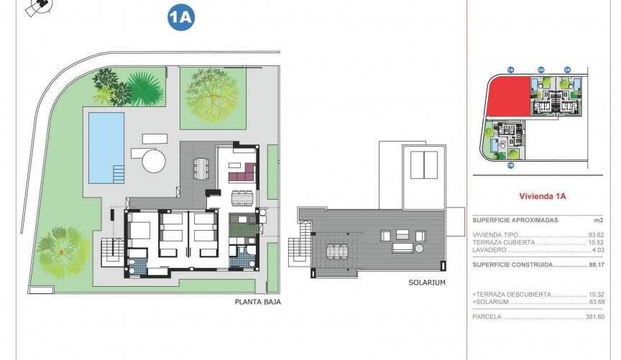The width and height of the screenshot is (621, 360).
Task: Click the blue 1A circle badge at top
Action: (181, 18)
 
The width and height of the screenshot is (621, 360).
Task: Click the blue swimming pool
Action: (106, 147)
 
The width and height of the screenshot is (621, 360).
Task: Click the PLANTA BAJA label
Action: (257, 303)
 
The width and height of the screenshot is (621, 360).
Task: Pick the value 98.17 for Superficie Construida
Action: (594, 264)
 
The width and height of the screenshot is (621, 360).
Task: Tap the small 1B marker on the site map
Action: (510, 166)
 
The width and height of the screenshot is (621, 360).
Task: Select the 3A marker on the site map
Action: (567, 69)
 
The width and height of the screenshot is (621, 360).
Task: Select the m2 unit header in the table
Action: (598, 220)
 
